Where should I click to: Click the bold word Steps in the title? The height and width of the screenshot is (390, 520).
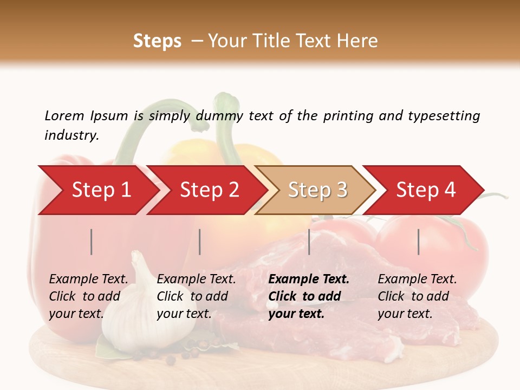coord(157,41)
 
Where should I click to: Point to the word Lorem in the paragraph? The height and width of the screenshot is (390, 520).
coord(64,115)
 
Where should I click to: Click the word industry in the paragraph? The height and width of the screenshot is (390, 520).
coord(71,135)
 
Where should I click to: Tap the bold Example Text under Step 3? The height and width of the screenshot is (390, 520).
coord(309,279)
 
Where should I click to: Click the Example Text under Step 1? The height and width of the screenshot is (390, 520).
coord(88,279)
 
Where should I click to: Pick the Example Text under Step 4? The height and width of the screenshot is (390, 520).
coord(417,279)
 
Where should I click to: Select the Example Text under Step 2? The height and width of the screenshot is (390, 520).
coord(196,279)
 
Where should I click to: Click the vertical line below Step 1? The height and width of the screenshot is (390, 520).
coord(92,242)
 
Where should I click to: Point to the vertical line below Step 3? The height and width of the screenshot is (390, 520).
coord(309,242)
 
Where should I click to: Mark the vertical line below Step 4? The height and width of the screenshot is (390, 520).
coord(419,242)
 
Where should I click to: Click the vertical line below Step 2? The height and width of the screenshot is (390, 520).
coord(200,242)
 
